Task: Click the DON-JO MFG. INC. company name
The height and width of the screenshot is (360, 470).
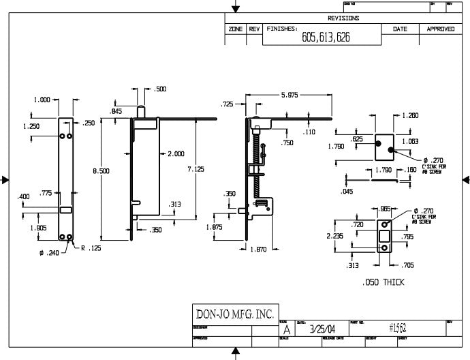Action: pos(234,314)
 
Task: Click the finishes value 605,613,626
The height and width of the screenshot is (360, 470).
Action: pos(326,37)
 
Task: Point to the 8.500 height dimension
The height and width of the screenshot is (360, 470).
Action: pos(101,171)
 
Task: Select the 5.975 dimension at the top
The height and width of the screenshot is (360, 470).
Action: pos(289,95)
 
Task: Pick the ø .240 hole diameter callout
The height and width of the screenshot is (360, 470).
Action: pos(50,253)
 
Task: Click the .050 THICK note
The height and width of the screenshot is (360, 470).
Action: pos(383,282)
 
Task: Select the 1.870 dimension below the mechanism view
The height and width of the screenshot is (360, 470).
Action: pos(257,250)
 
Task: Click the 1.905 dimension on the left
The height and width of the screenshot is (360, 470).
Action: pos(39,228)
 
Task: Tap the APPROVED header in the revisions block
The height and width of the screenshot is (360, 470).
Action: pos(440,29)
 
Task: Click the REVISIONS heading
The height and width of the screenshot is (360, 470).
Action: pos(343,18)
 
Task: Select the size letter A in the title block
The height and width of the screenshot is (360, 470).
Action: pos(285,329)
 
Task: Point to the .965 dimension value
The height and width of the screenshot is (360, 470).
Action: pos(385,209)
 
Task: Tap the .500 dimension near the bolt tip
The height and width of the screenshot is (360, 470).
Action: pos(160,89)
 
